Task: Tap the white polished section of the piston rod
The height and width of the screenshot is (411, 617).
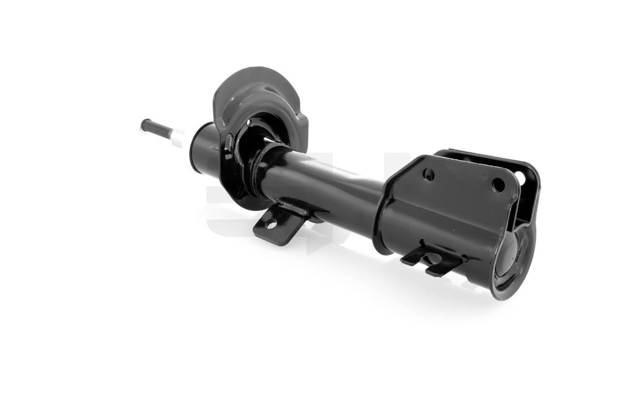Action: tap(177, 138)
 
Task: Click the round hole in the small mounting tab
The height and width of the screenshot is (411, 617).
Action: tap(270, 222)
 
